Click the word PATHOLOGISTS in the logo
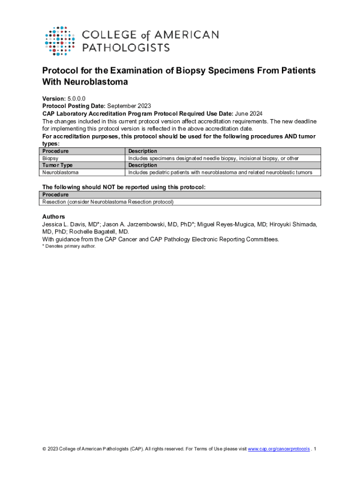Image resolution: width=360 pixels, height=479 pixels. (x=126, y=47)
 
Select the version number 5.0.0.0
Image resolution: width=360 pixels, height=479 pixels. (x=77, y=99)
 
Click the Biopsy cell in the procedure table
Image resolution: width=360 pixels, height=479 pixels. (x=50, y=159)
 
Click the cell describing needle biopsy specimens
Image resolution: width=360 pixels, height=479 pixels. (x=213, y=159)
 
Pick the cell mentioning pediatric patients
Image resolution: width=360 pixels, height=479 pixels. (x=223, y=173)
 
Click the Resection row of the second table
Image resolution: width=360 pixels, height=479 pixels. (x=108, y=202)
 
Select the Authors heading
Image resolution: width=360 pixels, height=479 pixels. (x=54, y=217)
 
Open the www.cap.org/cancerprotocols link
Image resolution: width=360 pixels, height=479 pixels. (x=279, y=449)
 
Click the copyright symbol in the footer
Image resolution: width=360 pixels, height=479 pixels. (x=44, y=449)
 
